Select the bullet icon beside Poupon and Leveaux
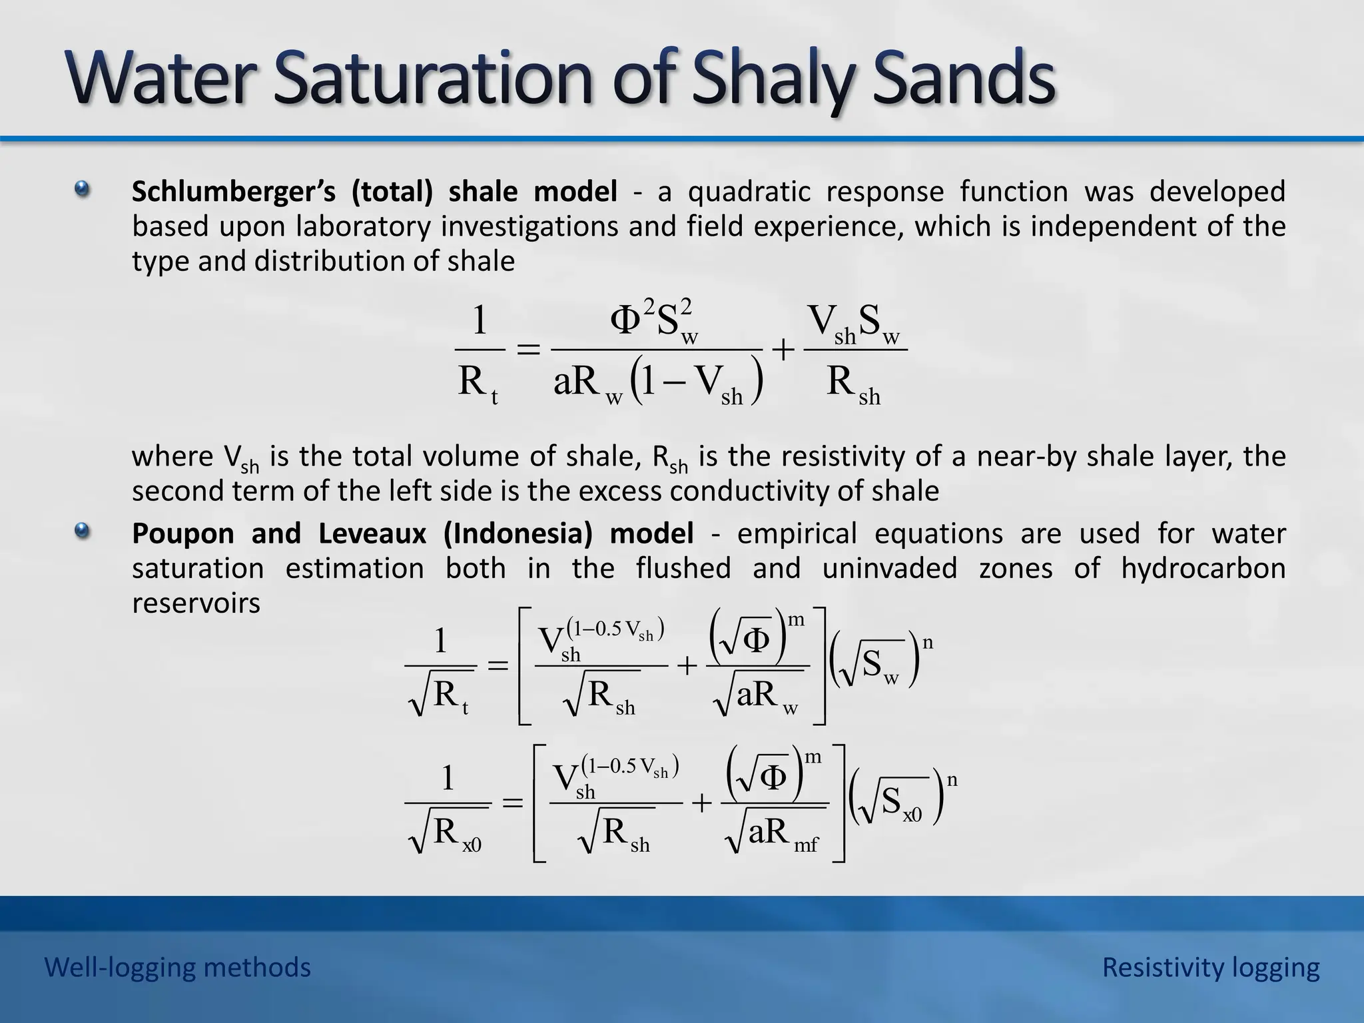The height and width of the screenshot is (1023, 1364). (x=82, y=531)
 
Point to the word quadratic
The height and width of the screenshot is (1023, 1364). (x=749, y=192)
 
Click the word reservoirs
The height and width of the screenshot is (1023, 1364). (x=196, y=603)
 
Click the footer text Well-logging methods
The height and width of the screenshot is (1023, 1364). (x=178, y=967)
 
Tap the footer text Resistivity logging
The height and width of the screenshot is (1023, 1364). (x=1210, y=967)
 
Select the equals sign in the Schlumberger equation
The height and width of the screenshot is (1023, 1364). (x=528, y=349)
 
